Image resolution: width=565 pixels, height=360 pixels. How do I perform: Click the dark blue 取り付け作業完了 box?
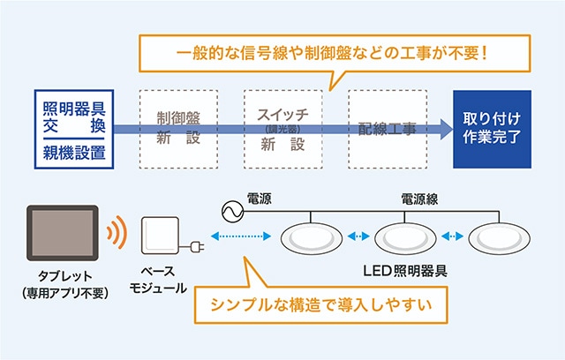[492, 130]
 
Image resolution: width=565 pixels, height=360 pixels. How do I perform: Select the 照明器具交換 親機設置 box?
[73, 130]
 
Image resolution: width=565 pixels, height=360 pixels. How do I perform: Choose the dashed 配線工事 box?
[387, 130]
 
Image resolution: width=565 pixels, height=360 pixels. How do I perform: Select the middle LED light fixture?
[406, 237]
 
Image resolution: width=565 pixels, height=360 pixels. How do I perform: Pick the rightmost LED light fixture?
[499, 237]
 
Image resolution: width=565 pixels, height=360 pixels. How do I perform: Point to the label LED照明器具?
[405, 271]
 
